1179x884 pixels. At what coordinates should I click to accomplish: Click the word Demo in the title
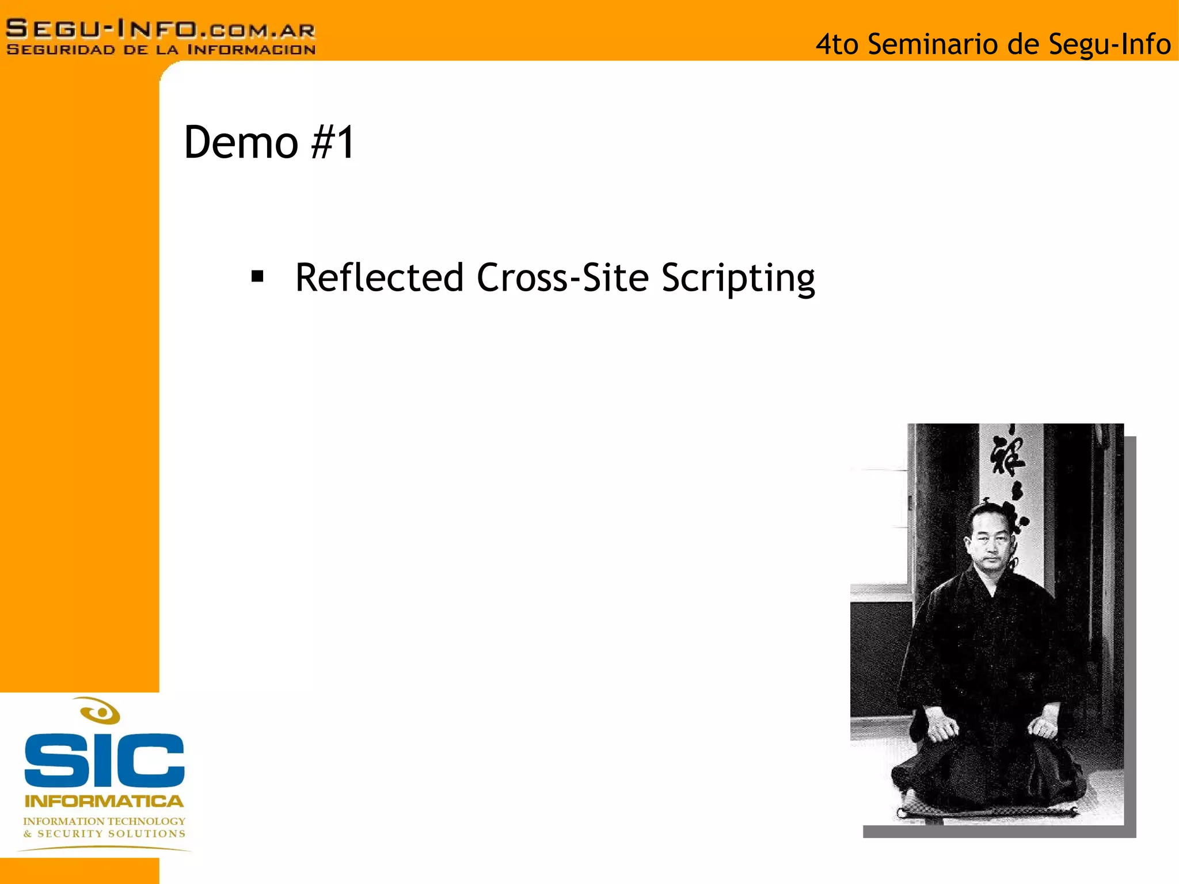241,143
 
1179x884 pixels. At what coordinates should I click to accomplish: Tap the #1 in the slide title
333,143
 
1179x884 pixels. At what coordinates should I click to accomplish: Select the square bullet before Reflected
257,277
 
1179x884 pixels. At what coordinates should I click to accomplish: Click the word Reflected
379,278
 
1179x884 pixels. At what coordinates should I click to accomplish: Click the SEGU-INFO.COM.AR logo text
161,29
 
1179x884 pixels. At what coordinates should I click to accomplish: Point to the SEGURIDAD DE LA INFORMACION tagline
161,50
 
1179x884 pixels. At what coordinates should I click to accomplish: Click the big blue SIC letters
104,760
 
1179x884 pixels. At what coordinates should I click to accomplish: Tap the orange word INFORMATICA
104,801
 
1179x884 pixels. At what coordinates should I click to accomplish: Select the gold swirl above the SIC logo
100,711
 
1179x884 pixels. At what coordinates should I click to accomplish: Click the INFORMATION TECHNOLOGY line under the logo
104,821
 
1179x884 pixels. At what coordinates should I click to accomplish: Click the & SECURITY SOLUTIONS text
104,834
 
